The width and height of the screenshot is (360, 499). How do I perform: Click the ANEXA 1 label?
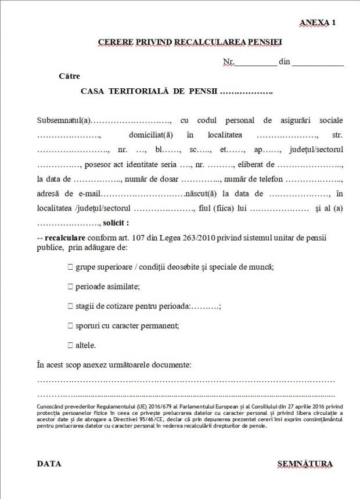pos(318,22)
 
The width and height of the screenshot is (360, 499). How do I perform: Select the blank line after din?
pos(318,62)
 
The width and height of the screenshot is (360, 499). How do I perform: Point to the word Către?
pos(70,76)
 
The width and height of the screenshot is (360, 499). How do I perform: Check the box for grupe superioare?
pos(70,267)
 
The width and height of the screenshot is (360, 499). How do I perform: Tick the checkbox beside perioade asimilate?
pos(70,287)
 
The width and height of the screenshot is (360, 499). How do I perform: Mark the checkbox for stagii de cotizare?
pos(70,306)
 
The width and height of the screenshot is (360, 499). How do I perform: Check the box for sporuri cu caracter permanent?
pos(70,326)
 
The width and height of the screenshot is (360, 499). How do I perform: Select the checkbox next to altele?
pos(70,345)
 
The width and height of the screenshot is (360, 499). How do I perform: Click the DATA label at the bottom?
pos(49,464)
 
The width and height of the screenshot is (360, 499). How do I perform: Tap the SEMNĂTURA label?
pos(305,464)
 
